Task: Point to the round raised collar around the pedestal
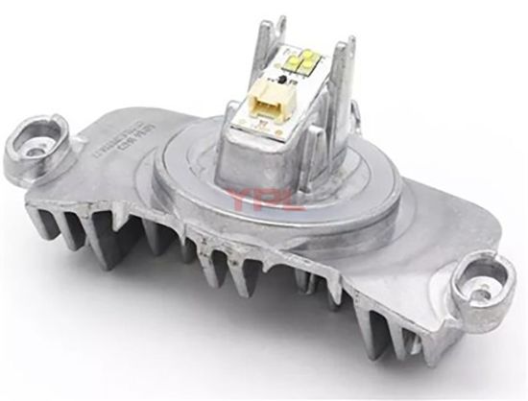coord(192,187)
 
